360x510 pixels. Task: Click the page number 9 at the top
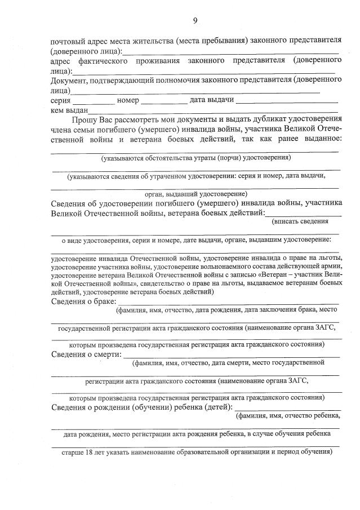tap(195, 21)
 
